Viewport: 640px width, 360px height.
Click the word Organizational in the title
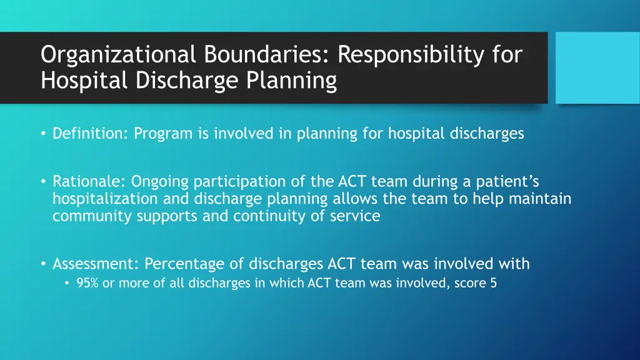118,55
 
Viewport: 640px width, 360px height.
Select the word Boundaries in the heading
266,55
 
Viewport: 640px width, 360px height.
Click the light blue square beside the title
597,67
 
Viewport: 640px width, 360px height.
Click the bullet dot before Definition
44,134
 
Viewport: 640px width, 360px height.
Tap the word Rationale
89,182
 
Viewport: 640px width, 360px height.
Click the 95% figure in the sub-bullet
86,283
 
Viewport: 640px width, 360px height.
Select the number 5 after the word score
493,283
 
